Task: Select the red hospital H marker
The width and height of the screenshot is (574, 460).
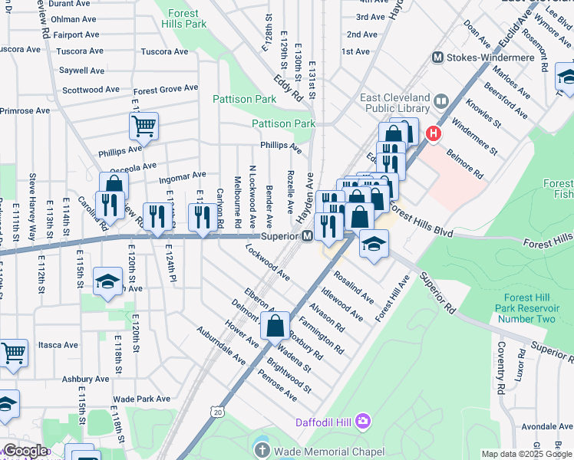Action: [433, 134]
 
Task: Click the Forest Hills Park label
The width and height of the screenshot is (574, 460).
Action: [184, 18]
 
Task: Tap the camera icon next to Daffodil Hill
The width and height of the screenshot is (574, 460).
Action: [363, 421]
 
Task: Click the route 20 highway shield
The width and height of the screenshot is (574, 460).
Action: [219, 412]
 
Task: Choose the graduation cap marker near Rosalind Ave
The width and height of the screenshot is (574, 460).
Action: [374, 244]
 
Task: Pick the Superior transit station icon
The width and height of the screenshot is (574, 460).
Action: [307, 236]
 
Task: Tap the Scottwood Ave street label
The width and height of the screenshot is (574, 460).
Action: [91, 90]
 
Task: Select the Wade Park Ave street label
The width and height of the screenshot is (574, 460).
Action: [141, 399]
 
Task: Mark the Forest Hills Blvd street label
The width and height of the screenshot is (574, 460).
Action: [421, 222]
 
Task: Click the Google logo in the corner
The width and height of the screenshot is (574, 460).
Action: [25, 451]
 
